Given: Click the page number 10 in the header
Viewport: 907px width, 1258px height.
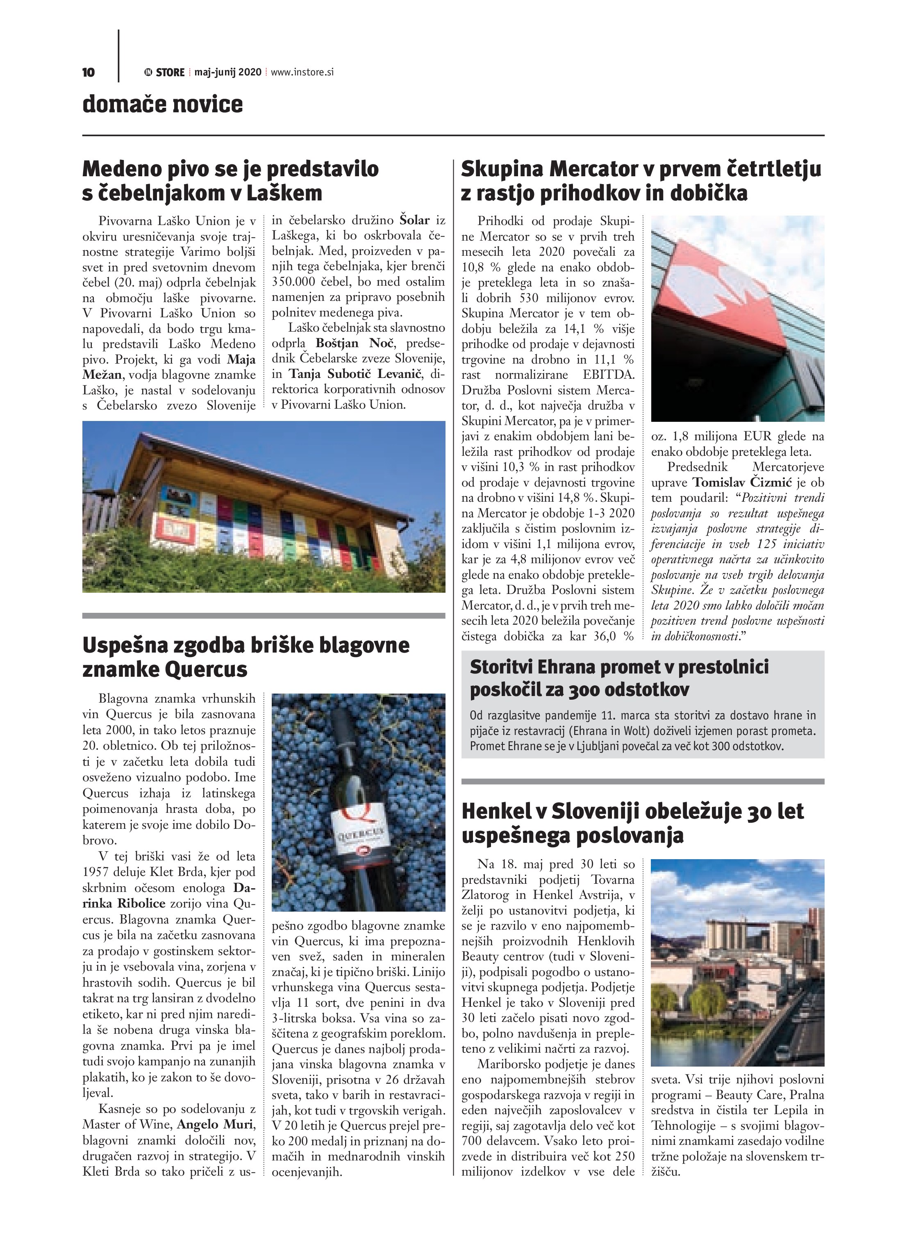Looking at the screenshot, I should [88, 72].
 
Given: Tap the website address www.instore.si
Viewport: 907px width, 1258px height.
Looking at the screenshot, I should [302, 72].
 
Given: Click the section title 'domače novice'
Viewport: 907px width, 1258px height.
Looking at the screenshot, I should [163, 104].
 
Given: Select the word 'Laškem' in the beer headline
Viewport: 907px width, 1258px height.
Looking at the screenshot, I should [284, 193].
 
